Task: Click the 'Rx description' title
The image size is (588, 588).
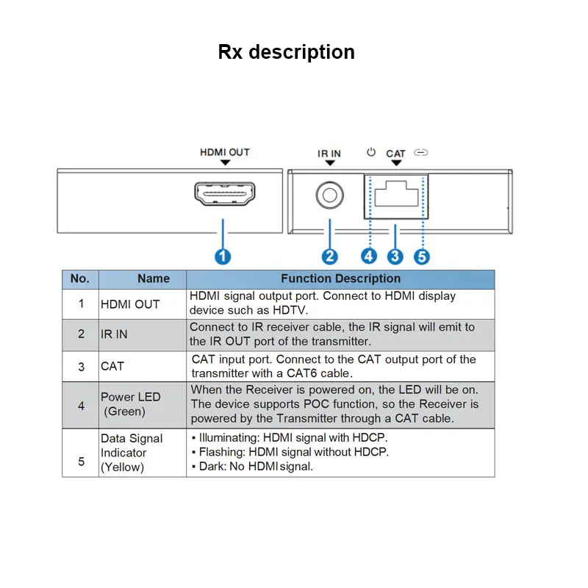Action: (286, 52)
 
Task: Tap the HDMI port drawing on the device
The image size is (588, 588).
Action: (225, 193)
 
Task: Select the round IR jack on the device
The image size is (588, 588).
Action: (329, 195)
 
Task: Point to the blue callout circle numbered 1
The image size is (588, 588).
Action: (223, 257)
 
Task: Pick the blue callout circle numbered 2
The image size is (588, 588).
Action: (330, 257)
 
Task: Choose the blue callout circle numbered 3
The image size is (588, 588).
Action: (395, 257)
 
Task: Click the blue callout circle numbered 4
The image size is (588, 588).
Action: (369, 257)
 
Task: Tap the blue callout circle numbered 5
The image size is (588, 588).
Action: (422, 257)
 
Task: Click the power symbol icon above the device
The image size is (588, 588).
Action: (371, 152)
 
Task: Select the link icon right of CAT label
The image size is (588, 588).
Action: (420, 153)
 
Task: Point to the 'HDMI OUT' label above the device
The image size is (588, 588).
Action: (225, 152)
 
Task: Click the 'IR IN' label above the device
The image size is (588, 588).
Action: (329, 154)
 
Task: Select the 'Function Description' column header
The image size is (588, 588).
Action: (340, 279)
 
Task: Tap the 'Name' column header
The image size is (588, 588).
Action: (154, 279)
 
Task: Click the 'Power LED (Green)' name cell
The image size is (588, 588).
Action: (131, 404)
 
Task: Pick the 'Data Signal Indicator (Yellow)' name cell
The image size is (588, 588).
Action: (132, 453)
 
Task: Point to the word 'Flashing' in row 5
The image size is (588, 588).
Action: (222, 452)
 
